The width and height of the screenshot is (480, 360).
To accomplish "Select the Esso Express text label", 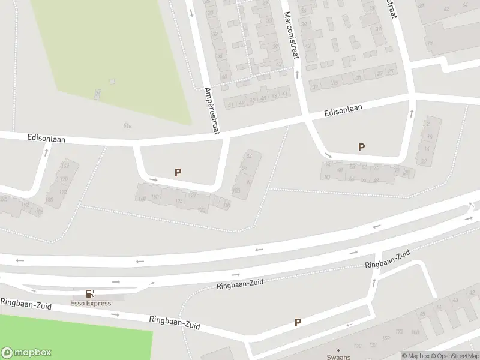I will tap(91, 303).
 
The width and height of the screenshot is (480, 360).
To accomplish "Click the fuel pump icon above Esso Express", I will tap(90, 293).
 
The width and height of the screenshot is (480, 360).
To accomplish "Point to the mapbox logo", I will tap(26, 353).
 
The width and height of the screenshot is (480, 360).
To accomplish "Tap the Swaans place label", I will tap(338, 356).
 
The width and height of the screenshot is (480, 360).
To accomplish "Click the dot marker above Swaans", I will tap(338, 350).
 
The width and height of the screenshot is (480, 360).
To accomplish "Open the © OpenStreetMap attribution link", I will tap(454, 356).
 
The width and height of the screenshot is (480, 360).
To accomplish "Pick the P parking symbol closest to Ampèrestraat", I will tap(178, 173).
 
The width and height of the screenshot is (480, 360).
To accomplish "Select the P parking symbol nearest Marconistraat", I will tap(361, 147).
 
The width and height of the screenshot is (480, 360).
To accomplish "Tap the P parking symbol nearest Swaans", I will tap(298, 323).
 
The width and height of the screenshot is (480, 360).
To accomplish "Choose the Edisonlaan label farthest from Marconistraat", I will tap(46, 138).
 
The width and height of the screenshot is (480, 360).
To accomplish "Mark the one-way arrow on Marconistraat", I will tap(296, 74).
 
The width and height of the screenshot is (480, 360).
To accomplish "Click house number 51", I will tap(231, 104).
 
